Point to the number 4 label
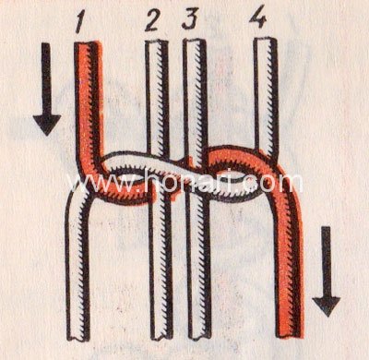point(257,17)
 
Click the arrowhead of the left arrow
point(47,125)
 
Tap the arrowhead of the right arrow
point(327,306)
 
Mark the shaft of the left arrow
point(46,79)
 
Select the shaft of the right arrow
point(326,262)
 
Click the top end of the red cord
point(88,43)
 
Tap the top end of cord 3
point(195,42)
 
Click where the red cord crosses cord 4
point(267,154)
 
